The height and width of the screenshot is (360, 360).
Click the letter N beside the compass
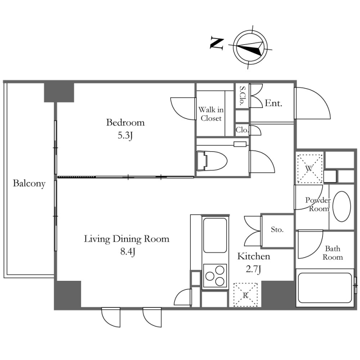click(x=217, y=44)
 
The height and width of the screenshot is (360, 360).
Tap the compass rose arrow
click(x=250, y=48)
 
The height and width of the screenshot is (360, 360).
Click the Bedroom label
click(x=126, y=122)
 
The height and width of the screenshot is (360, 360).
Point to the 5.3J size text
click(x=125, y=136)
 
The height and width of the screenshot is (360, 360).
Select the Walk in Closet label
click(x=211, y=114)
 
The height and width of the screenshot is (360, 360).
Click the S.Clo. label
click(x=243, y=95)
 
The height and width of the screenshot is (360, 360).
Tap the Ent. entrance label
click(x=273, y=103)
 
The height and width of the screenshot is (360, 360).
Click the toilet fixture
click(x=211, y=161)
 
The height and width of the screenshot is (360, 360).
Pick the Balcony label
click(x=29, y=184)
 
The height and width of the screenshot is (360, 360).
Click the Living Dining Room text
click(x=127, y=239)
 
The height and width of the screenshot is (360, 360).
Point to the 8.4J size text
click(x=128, y=252)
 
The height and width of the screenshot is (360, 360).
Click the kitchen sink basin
click(x=215, y=235)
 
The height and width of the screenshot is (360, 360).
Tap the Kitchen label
click(x=254, y=256)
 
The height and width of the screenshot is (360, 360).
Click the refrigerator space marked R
click(x=245, y=295)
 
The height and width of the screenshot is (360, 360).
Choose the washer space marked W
click(x=310, y=169)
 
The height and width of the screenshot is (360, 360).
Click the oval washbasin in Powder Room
click(x=342, y=207)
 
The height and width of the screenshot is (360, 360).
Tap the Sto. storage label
click(x=277, y=229)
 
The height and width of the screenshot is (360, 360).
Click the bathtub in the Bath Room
click(x=325, y=288)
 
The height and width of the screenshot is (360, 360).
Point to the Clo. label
click(x=242, y=130)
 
